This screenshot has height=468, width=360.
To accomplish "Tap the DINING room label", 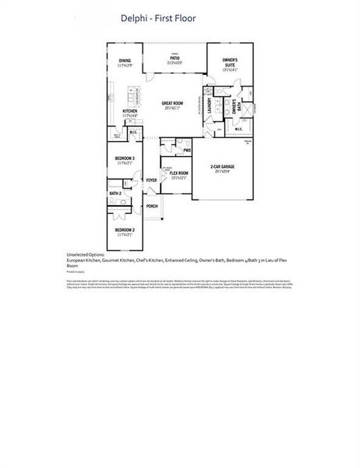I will point(125,60).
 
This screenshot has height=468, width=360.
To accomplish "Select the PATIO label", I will point(175,57).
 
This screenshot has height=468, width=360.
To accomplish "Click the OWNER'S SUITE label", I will point(230,60).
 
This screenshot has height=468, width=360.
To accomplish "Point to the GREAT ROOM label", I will point(172,103).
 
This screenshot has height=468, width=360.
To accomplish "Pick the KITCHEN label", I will point(130,111).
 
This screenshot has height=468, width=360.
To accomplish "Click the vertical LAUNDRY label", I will point(209,105).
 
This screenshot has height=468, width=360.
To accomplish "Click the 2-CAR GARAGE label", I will point(222,166).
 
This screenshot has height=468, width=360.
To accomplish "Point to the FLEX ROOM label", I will point(179,172).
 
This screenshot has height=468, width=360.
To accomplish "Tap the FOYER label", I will point(151,180).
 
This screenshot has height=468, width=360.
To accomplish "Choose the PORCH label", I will point(152,206).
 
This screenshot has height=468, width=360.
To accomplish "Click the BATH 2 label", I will point(115,193).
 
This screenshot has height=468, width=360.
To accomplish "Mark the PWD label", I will point(187,151).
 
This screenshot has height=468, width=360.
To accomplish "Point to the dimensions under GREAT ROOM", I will point(172,108).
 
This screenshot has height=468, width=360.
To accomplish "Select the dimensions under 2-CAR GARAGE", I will point(222,171).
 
